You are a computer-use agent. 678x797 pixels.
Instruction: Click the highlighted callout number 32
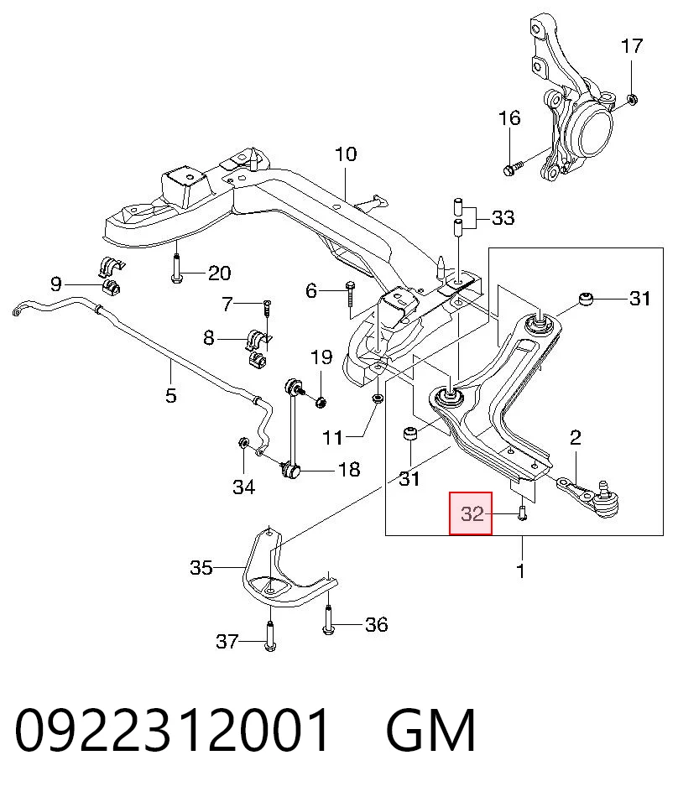[x=472, y=514]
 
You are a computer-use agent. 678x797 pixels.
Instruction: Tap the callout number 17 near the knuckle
[x=632, y=46]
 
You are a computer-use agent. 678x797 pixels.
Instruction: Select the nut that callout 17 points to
[x=632, y=99]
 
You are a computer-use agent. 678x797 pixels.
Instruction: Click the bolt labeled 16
[x=514, y=168]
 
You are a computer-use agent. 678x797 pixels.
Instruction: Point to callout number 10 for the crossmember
[x=346, y=154]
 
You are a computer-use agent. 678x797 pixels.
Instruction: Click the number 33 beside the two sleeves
[x=503, y=217]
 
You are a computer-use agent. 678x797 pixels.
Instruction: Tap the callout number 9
[x=56, y=284]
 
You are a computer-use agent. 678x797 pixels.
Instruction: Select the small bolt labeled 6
[x=351, y=294]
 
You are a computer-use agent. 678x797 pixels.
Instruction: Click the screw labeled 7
[x=268, y=309]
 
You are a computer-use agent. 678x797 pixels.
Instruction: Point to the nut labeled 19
[x=321, y=403]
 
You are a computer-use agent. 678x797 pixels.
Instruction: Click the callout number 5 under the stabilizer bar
[x=171, y=394]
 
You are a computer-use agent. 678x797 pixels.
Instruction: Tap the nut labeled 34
[x=243, y=442]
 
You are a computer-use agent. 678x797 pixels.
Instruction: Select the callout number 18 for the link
[x=349, y=469]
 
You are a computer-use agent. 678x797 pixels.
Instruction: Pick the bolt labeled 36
[x=328, y=620]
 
